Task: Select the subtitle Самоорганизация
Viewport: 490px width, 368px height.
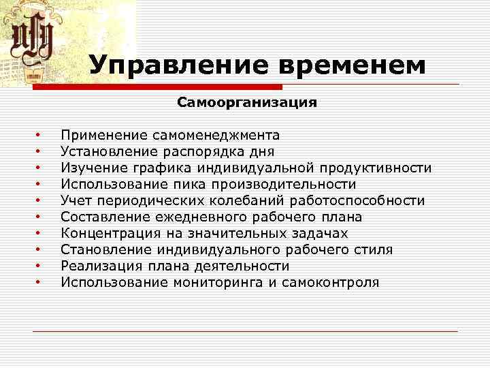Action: pyautogui.click(x=247, y=103)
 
